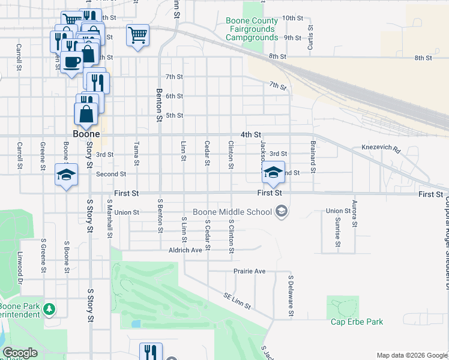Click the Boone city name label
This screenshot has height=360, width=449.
click(86, 134)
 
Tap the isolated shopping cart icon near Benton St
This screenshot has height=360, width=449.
click(137, 35)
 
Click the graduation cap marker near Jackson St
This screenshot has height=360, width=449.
click(273, 172)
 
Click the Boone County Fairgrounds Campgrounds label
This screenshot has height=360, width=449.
click(252, 29)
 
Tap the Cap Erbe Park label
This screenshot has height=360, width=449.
click(357, 322)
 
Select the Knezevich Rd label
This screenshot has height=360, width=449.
click(381, 147)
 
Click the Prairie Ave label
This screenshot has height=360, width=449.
click(249, 271)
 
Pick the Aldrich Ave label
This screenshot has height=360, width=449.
click(185, 250)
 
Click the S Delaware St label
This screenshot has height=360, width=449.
click(290, 296)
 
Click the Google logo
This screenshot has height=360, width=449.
click(20, 353)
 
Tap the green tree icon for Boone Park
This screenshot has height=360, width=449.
click(48, 310)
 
